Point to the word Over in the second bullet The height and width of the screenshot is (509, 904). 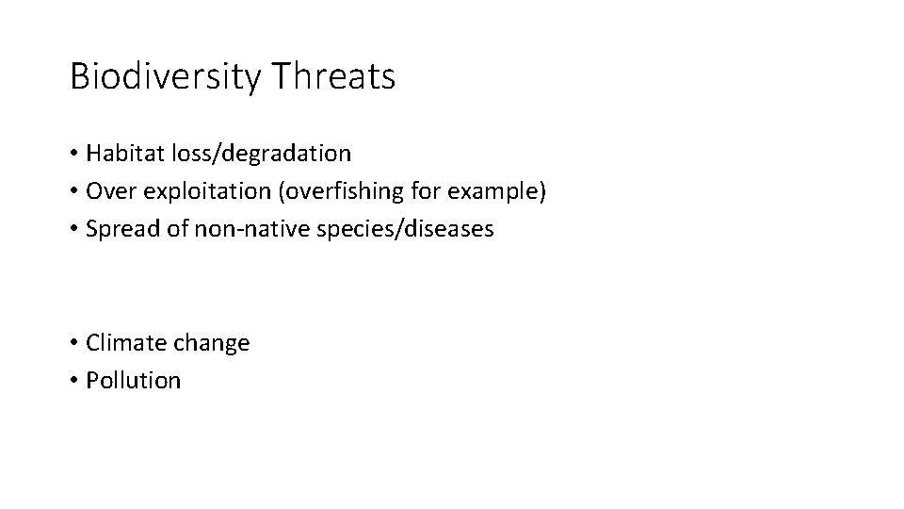pyautogui.click(x=105, y=190)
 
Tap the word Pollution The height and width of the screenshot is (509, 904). pyautogui.click(x=133, y=381)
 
